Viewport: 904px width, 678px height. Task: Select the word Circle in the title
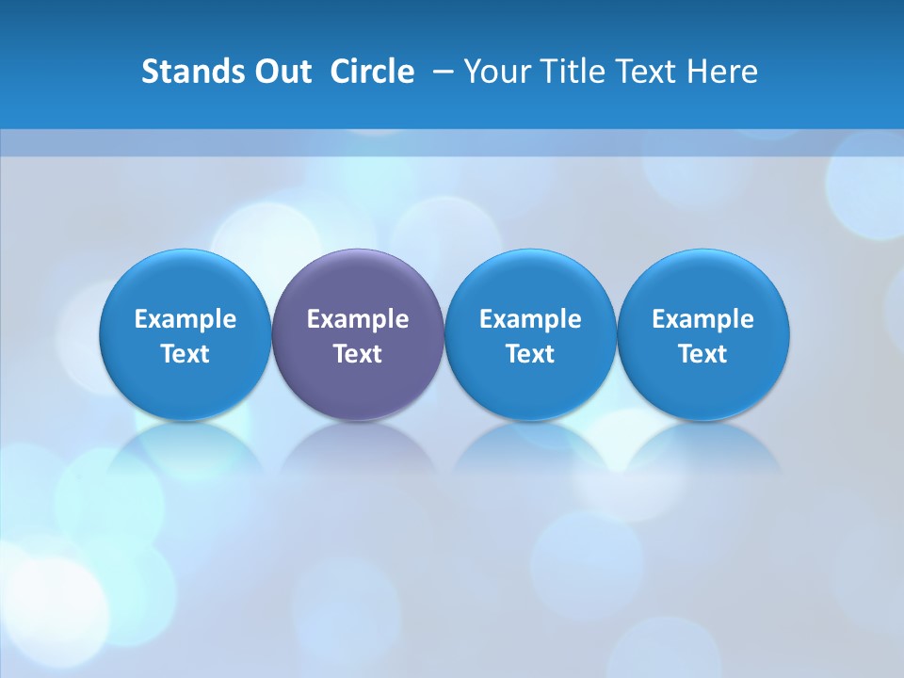(372, 72)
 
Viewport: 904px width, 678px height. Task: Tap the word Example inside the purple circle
(358, 319)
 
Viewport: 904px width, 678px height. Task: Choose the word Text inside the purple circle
(358, 354)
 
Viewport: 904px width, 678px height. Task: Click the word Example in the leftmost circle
(186, 319)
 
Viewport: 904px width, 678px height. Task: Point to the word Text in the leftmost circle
(186, 354)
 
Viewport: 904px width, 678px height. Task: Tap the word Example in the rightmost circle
(703, 319)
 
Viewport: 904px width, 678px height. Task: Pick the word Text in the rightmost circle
(703, 354)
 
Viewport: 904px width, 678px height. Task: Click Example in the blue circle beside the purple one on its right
(530, 319)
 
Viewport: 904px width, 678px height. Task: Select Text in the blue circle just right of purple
(530, 354)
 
